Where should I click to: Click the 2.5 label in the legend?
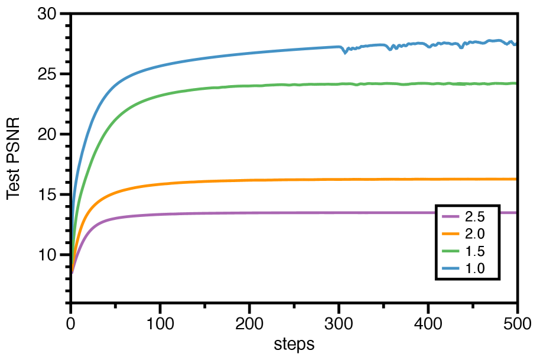click(475, 216)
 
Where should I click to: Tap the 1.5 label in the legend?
click(475, 251)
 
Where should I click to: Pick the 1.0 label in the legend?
click(475, 268)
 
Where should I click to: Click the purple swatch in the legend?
click(451, 216)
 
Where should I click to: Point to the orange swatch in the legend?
click(451, 233)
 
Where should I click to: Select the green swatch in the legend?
click(451, 251)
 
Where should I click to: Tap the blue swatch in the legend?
click(451, 268)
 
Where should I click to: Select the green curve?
click(236, 86)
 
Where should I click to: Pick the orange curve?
click(236, 181)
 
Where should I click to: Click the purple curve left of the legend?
click(236, 213)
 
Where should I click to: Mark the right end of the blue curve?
click(515, 44)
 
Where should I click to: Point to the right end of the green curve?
click(515, 83)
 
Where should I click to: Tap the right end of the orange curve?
click(515, 179)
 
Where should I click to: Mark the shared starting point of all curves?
click(73, 272)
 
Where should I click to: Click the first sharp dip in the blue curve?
click(344, 53)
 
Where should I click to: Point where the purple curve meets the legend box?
click(438, 213)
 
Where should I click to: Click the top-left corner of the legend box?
click(438, 207)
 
